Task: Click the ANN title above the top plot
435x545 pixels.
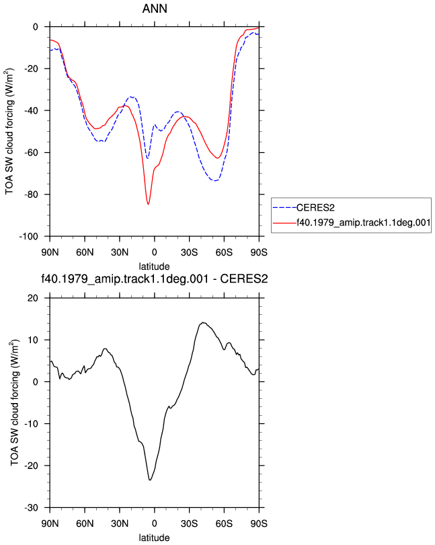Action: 155,8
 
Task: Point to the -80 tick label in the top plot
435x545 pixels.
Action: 31,194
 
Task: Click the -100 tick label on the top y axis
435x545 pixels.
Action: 28,237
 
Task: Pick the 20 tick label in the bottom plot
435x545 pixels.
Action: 33,298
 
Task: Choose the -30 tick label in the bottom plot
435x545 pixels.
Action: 31,508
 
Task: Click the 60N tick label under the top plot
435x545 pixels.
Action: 85,252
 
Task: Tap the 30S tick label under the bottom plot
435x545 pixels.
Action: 190,523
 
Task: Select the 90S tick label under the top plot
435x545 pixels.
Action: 259,252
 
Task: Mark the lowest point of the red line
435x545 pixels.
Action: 148,204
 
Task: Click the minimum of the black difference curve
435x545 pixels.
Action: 150,480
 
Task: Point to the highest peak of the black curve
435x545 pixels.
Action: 203,322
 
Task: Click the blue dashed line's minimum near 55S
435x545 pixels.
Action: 215,181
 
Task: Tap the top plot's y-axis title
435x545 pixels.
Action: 9,131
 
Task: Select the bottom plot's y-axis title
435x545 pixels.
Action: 14,402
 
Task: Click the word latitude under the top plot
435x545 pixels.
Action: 154,266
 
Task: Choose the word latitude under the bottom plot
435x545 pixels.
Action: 154,538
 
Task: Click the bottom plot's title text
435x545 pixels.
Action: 154,279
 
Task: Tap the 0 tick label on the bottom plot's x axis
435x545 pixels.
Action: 155,523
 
